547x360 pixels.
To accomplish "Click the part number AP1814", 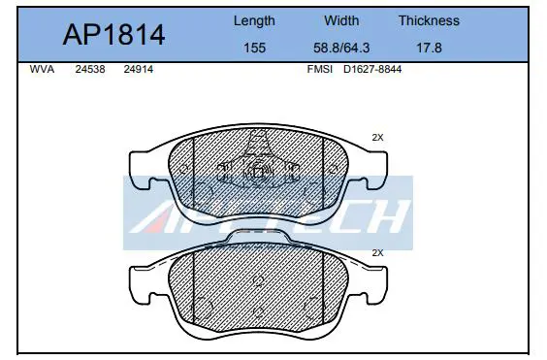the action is pyautogui.click(x=113, y=35).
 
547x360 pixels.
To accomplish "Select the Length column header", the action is pyautogui.click(x=254, y=21).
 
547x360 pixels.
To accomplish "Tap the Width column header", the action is pyautogui.click(x=341, y=20).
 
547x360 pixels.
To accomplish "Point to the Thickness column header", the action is pyautogui.click(x=429, y=20).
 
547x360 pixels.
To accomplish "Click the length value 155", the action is pyautogui.click(x=254, y=48).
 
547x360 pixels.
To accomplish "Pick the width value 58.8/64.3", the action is pyautogui.click(x=341, y=48).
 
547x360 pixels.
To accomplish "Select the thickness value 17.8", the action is pyautogui.click(x=429, y=48).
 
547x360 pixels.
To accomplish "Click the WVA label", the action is pyautogui.click(x=42, y=69).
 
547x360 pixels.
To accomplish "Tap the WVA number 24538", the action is pyautogui.click(x=90, y=69).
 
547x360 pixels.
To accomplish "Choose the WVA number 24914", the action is pyautogui.click(x=138, y=69).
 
